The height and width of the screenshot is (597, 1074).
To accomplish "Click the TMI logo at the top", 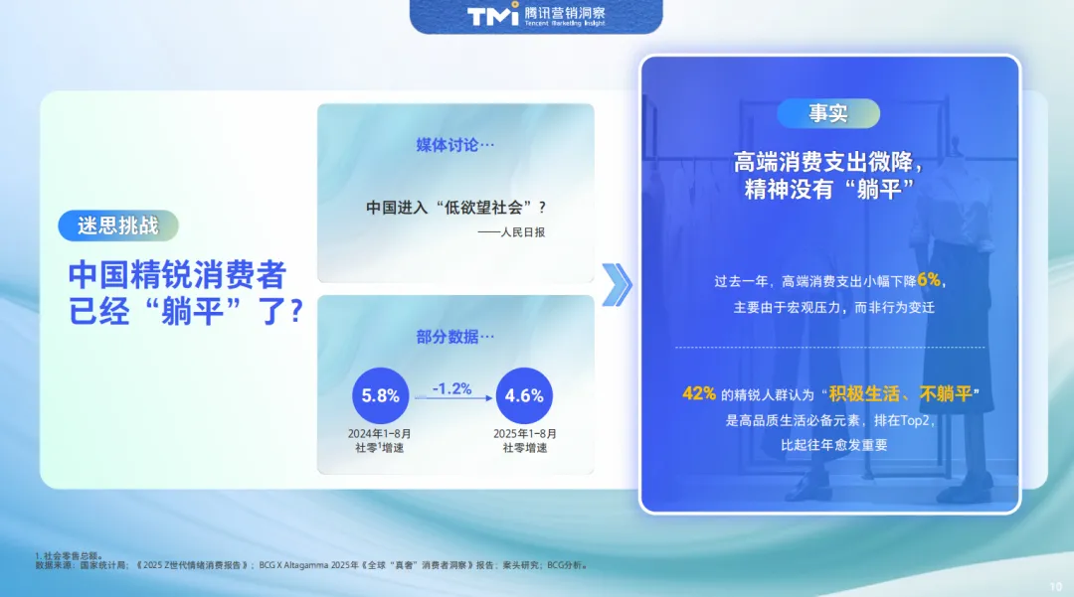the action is pyautogui.click(x=492, y=14).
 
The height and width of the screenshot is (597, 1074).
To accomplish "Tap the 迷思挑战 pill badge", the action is pyautogui.click(x=117, y=225).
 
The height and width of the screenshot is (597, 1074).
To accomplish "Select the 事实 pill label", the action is pyautogui.click(x=828, y=113).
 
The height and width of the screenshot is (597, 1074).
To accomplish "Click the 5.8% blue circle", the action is pyautogui.click(x=380, y=396).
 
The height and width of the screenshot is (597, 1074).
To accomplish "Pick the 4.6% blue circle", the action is pyautogui.click(x=524, y=396).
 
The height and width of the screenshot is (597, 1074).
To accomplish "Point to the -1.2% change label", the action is pyautogui.click(x=452, y=388).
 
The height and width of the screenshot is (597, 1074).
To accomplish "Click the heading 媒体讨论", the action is pyautogui.click(x=454, y=145).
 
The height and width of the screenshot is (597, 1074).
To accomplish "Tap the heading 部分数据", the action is pyautogui.click(x=454, y=337).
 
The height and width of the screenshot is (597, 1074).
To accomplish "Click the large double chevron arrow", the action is pyautogui.click(x=617, y=284).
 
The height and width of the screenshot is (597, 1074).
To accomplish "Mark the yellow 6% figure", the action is pyautogui.click(x=929, y=280).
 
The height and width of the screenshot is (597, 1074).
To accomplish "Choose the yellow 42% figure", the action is pyautogui.click(x=699, y=393).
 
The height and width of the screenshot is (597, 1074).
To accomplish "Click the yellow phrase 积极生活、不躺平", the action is pyautogui.click(x=900, y=394).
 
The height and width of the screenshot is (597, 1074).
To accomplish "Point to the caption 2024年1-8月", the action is pyautogui.click(x=380, y=433).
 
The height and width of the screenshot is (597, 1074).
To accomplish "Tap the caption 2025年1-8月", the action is pyautogui.click(x=525, y=433).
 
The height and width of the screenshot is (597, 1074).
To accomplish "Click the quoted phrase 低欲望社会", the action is pyautogui.click(x=484, y=208).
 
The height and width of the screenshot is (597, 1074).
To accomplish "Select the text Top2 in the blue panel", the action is pyautogui.click(x=915, y=420).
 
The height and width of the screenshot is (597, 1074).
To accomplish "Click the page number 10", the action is pyautogui.click(x=1055, y=587).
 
